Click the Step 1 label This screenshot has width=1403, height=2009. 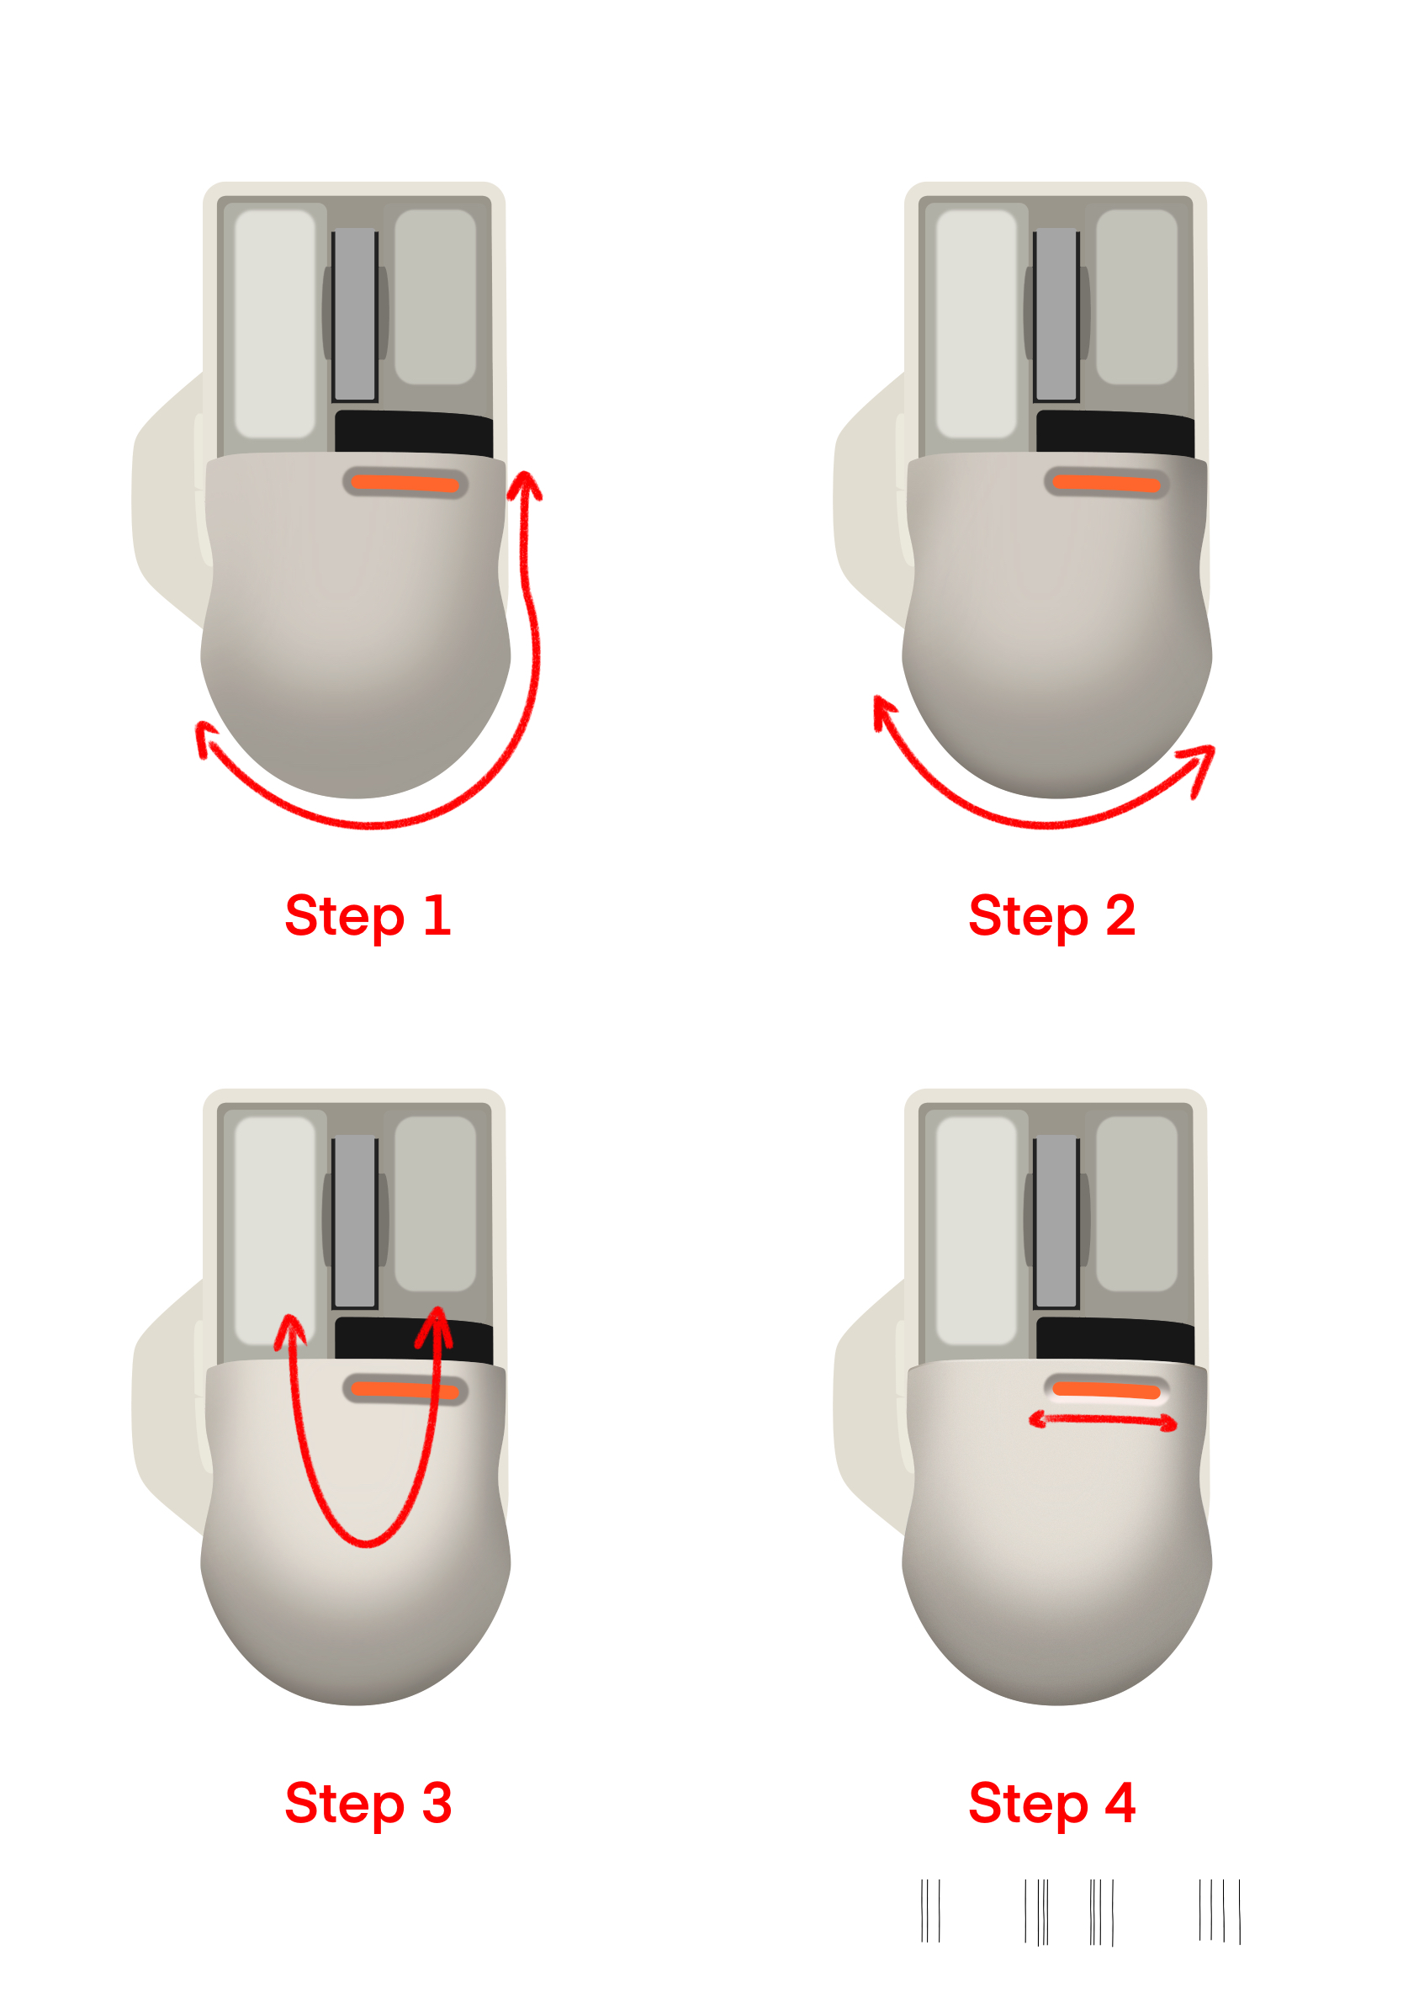(368, 915)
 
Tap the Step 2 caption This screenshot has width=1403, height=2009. (1052, 915)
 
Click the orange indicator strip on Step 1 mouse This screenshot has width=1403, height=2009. (405, 484)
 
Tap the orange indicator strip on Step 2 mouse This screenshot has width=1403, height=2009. (1106, 484)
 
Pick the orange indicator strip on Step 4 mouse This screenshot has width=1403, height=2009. (1106, 1391)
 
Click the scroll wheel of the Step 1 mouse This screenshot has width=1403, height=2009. (355, 314)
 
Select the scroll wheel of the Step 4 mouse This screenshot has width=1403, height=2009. (1056, 1222)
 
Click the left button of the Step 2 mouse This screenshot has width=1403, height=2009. (977, 324)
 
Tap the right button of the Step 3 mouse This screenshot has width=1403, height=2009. (436, 1203)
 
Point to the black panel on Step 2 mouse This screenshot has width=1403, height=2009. (1115, 433)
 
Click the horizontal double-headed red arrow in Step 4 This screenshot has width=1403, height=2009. (1103, 1420)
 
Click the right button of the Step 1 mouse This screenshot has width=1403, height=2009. (436, 297)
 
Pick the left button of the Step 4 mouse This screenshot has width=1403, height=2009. (977, 1230)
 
